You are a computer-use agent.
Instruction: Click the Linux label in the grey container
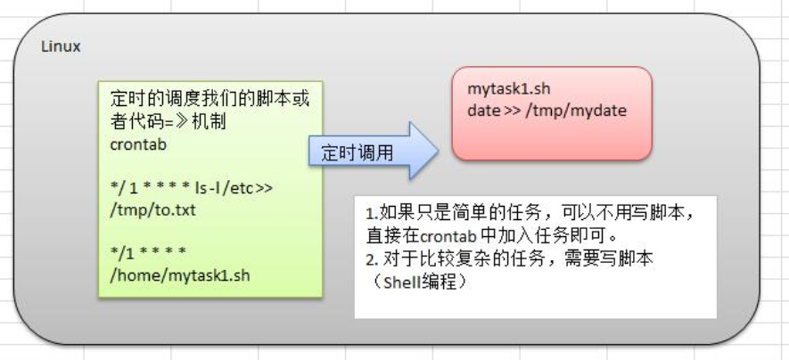[x=61, y=47]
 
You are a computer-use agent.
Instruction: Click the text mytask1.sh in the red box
[x=509, y=90]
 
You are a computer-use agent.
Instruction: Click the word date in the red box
[x=484, y=111]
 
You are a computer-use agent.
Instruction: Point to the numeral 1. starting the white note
[x=371, y=215]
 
